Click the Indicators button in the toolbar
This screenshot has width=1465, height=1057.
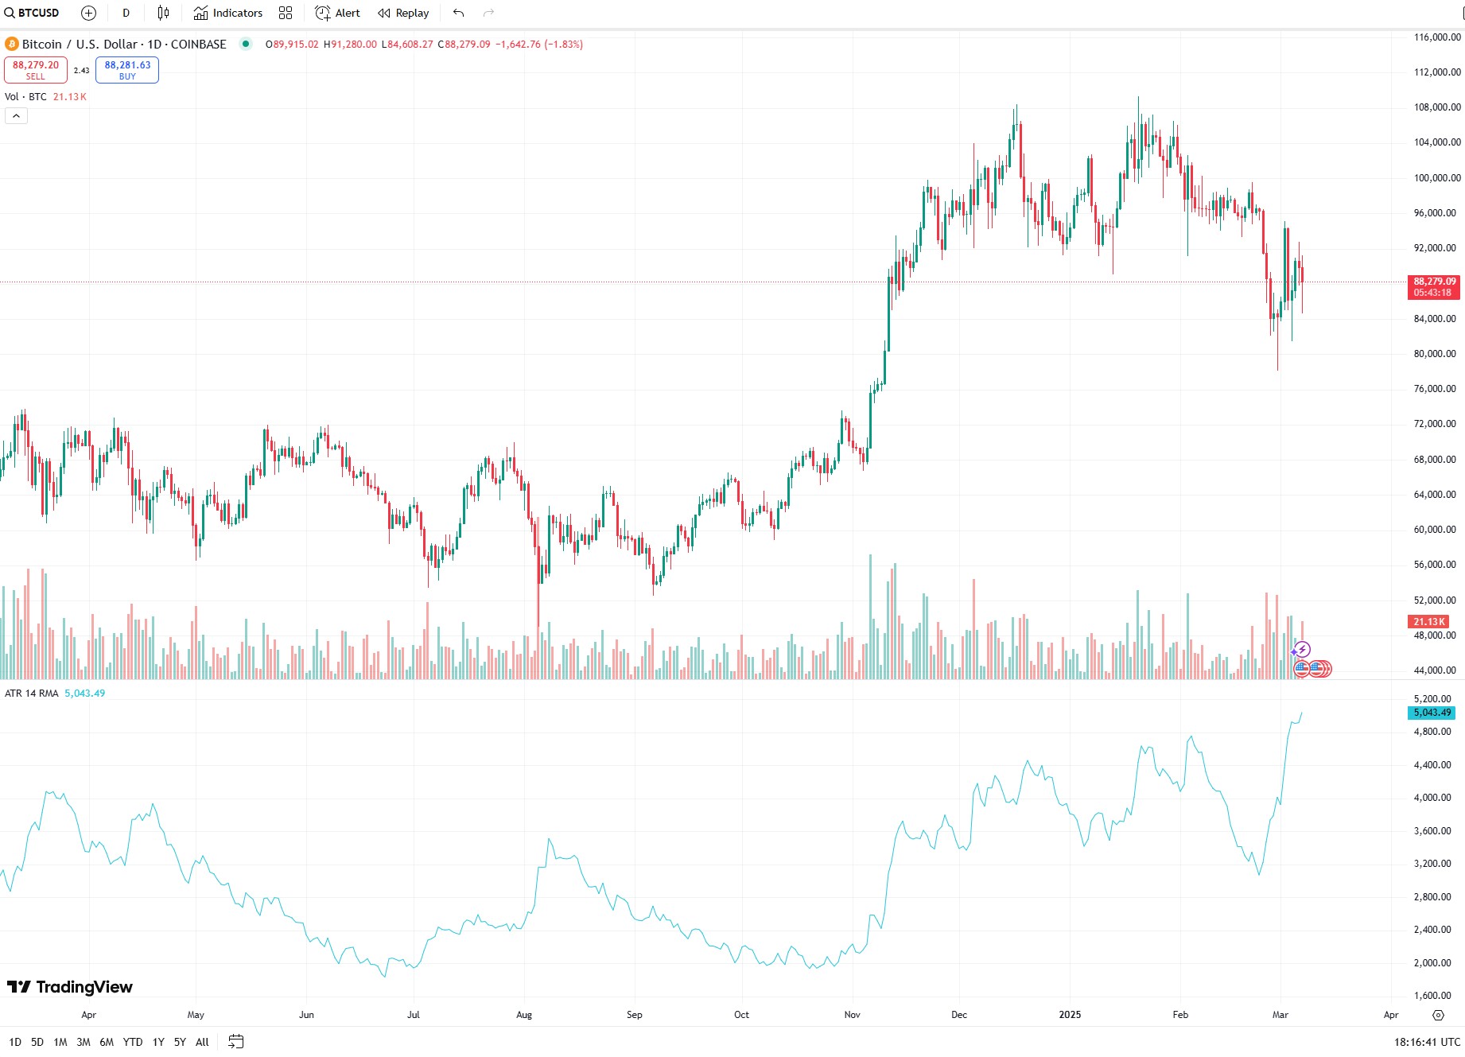[228, 13]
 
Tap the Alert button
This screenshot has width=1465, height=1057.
[338, 13]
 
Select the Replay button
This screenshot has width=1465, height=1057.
[403, 13]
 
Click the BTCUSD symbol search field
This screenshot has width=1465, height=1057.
[33, 13]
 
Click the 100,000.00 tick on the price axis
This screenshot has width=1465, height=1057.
[1436, 178]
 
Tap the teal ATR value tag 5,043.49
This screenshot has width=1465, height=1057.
[1432, 713]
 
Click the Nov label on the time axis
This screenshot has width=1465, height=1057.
[852, 1015]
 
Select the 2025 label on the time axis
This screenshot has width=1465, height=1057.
[1070, 1015]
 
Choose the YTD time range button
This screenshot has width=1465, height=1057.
[133, 1042]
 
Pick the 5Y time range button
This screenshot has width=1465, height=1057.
[180, 1042]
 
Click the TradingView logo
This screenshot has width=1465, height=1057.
[70, 987]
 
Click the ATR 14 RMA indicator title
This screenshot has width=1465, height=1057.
[32, 694]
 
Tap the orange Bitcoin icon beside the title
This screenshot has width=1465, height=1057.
[12, 45]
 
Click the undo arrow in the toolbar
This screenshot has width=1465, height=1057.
[458, 13]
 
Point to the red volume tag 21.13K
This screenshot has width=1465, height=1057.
[1428, 622]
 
